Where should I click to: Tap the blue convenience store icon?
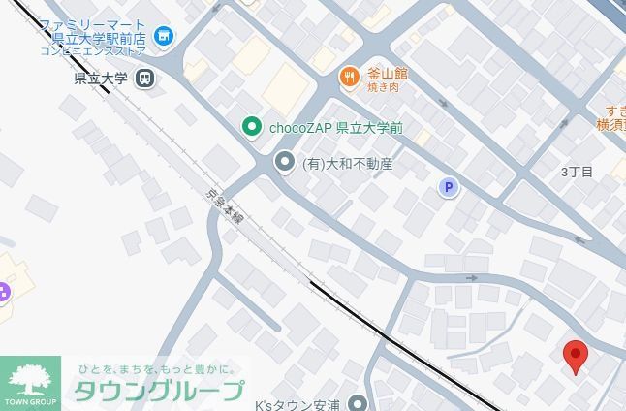point(164,37)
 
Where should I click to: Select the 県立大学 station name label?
point(101,79)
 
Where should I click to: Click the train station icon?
point(144,79)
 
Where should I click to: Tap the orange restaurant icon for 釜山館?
point(349,75)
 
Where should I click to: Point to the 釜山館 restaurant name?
point(387,74)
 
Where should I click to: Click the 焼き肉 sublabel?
point(383,87)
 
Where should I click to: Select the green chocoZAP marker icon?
point(252,127)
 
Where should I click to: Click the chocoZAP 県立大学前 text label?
point(335,128)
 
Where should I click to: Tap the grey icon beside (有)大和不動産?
point(285,162)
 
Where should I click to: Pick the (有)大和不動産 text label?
point(347,164)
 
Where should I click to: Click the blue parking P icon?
point(448,187)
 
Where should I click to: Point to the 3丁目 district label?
point(577,173)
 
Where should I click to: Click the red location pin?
point(576,356)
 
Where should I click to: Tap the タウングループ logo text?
point(159,391)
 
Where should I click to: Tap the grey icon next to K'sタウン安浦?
point(359,403)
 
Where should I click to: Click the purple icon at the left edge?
point(3,291)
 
